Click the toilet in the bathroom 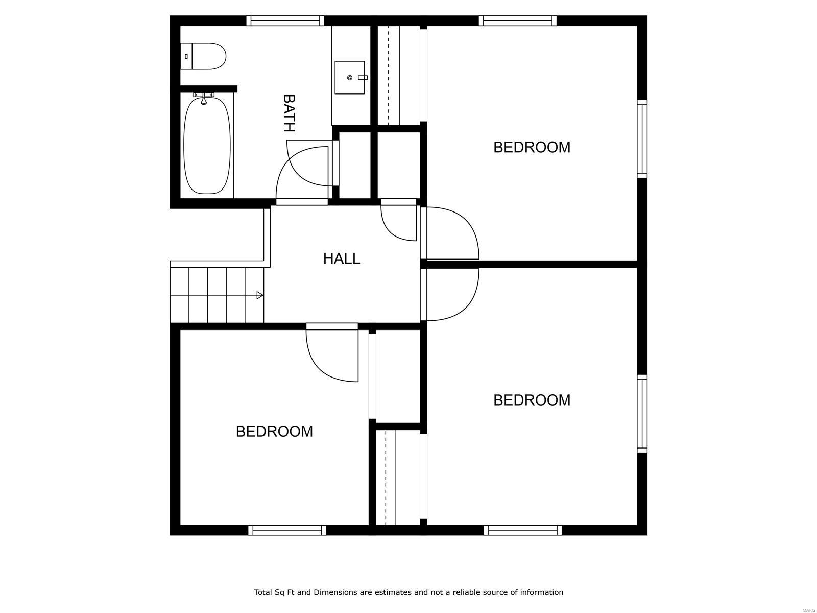[204, 56]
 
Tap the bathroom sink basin [350, 78]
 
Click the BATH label [289, 113]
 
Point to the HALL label [342, 258]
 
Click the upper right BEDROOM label [532, 147]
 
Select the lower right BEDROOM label [532, 400]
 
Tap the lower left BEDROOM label [274, 432]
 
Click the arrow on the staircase [259, 295]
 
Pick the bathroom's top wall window [285, 20]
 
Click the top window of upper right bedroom [518, 20]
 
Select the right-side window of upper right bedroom [642, 139]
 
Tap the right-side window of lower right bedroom [642, 414]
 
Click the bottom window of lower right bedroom [523, 530]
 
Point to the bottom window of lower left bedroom [287, 530]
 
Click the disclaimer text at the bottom [408, 592]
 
